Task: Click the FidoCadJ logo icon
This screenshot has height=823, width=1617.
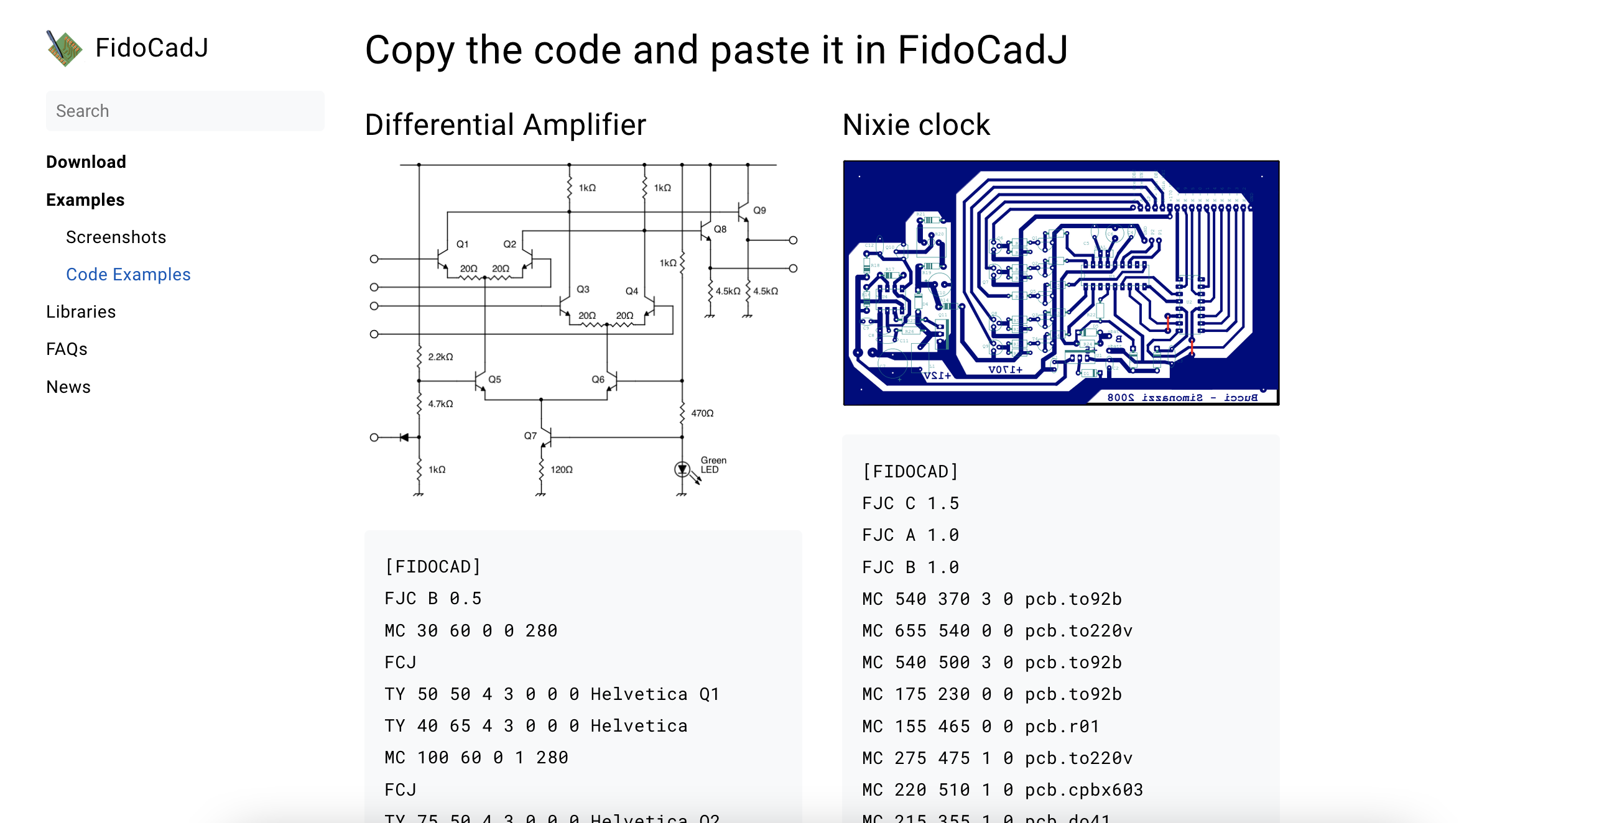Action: tap(64, 48)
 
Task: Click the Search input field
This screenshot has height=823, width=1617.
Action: tap(185, 111)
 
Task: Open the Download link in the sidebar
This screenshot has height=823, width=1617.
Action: tap(86, 162)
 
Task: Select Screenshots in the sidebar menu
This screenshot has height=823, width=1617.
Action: tap(116, 237)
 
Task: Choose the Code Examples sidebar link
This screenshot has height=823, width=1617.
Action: tap(128, 274)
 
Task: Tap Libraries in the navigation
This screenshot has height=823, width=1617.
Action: tap(81, 312)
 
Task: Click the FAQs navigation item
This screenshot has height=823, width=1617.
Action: tap(67, 349)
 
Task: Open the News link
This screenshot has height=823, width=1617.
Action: tap(68, 387)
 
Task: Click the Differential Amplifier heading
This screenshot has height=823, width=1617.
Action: tap(505, 124)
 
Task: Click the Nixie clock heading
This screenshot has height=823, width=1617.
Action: tap(916, 124)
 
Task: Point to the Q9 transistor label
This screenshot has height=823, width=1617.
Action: tap(759, 210)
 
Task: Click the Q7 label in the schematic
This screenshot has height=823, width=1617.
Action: tap(531, 435)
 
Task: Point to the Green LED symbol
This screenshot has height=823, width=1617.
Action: tap(682, 469)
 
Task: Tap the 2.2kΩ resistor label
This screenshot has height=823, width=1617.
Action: tap(441, 357)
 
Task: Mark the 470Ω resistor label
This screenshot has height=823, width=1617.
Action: tap(702, 413)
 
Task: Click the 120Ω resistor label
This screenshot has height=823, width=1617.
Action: tap(562, 469)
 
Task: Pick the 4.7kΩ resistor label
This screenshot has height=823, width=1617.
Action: tap(441, 404)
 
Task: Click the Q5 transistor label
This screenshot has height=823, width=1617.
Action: tap(494, 380)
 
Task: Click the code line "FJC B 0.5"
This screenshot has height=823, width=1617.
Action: tap(433, 599)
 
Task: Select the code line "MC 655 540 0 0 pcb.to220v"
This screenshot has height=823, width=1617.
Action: tap(998, 630)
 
